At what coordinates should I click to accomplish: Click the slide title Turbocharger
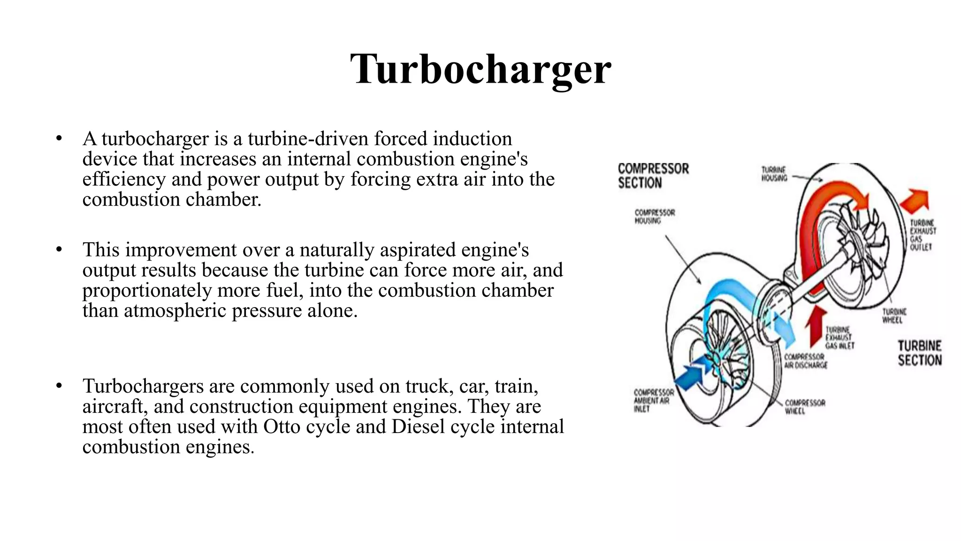pyautogui.click(x=480, y=69)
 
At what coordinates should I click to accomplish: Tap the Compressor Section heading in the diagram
pyautogui.click(x=653, y=176)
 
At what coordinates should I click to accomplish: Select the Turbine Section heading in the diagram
pyautogui.click(x=919, y=353)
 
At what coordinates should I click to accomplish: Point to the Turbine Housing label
pyautogui.click(x=774, y=174)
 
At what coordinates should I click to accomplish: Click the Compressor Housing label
pyautogui.click(x=654, y=216)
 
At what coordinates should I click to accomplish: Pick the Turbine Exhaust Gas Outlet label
pyautogui.click(x=923, y=235)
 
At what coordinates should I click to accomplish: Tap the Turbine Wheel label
pyautogui.click(x=894, y=316)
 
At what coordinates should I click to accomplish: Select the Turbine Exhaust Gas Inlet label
pyautogui.click(x=839, y=338)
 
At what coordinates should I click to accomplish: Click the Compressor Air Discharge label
pyautogui.click(x=806, y=361)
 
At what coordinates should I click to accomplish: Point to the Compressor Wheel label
pyautogui.click(x=805, y=407)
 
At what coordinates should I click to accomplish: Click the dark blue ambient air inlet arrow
pyautogui.click(x=690, y=374)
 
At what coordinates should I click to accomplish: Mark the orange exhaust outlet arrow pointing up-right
pyautogui.click(x=915, y=201)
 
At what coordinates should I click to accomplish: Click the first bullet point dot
pyautogui.click(x=59, y=139)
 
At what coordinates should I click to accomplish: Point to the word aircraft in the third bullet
pyautogui.click(x=112, y=406)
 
